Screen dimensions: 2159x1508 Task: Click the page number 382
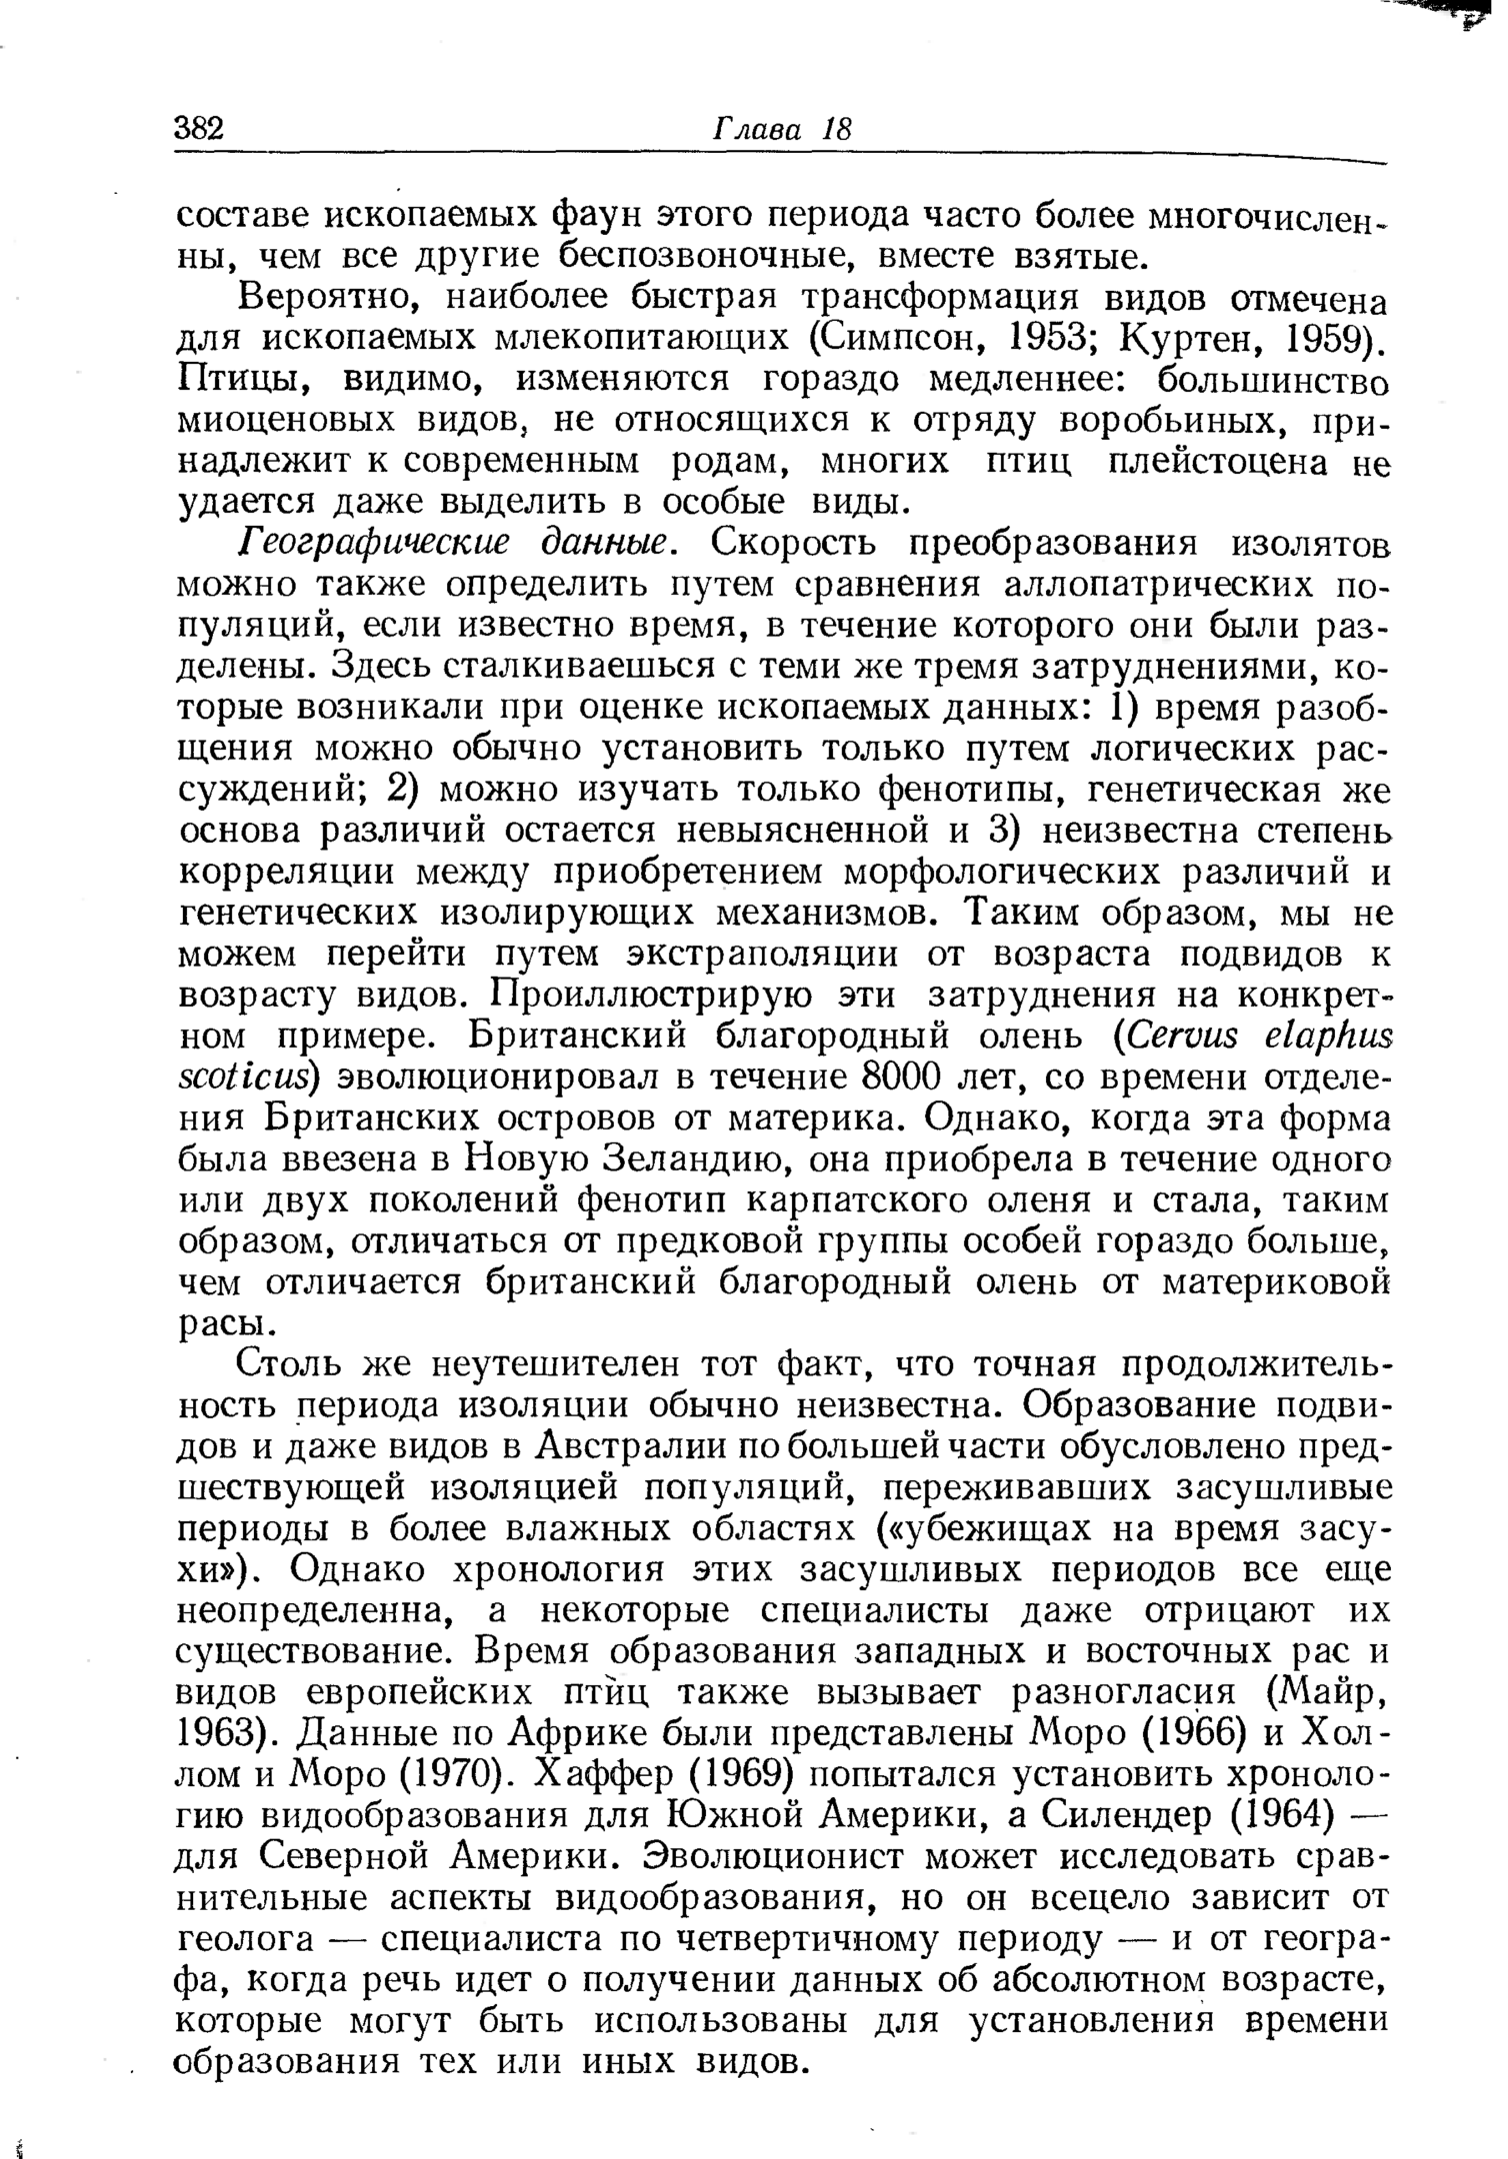point(203,129)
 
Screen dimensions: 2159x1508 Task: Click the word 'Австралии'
point(629,1448)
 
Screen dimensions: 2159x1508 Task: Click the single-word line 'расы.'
point(226,1324)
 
